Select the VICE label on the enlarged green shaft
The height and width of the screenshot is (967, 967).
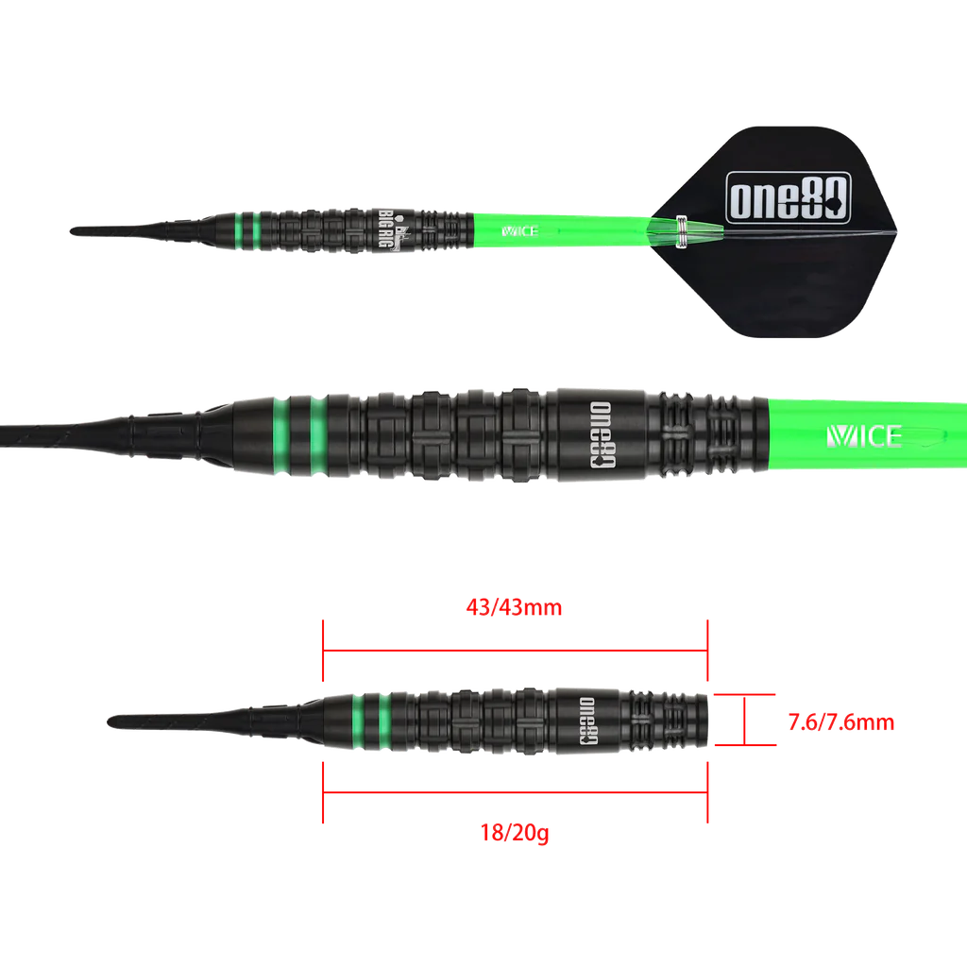coord(865,435)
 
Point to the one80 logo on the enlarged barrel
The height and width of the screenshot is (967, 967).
coord(600,435)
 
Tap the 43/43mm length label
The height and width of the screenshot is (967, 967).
coord(515,607)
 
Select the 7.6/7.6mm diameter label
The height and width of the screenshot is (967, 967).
coord(840,723)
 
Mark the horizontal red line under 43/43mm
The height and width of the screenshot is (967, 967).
coord(515,651)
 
